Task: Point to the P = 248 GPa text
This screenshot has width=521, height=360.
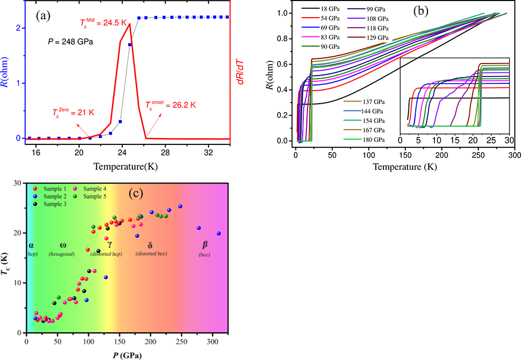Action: (71, 42)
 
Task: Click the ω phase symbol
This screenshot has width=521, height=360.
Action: (63, 245)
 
